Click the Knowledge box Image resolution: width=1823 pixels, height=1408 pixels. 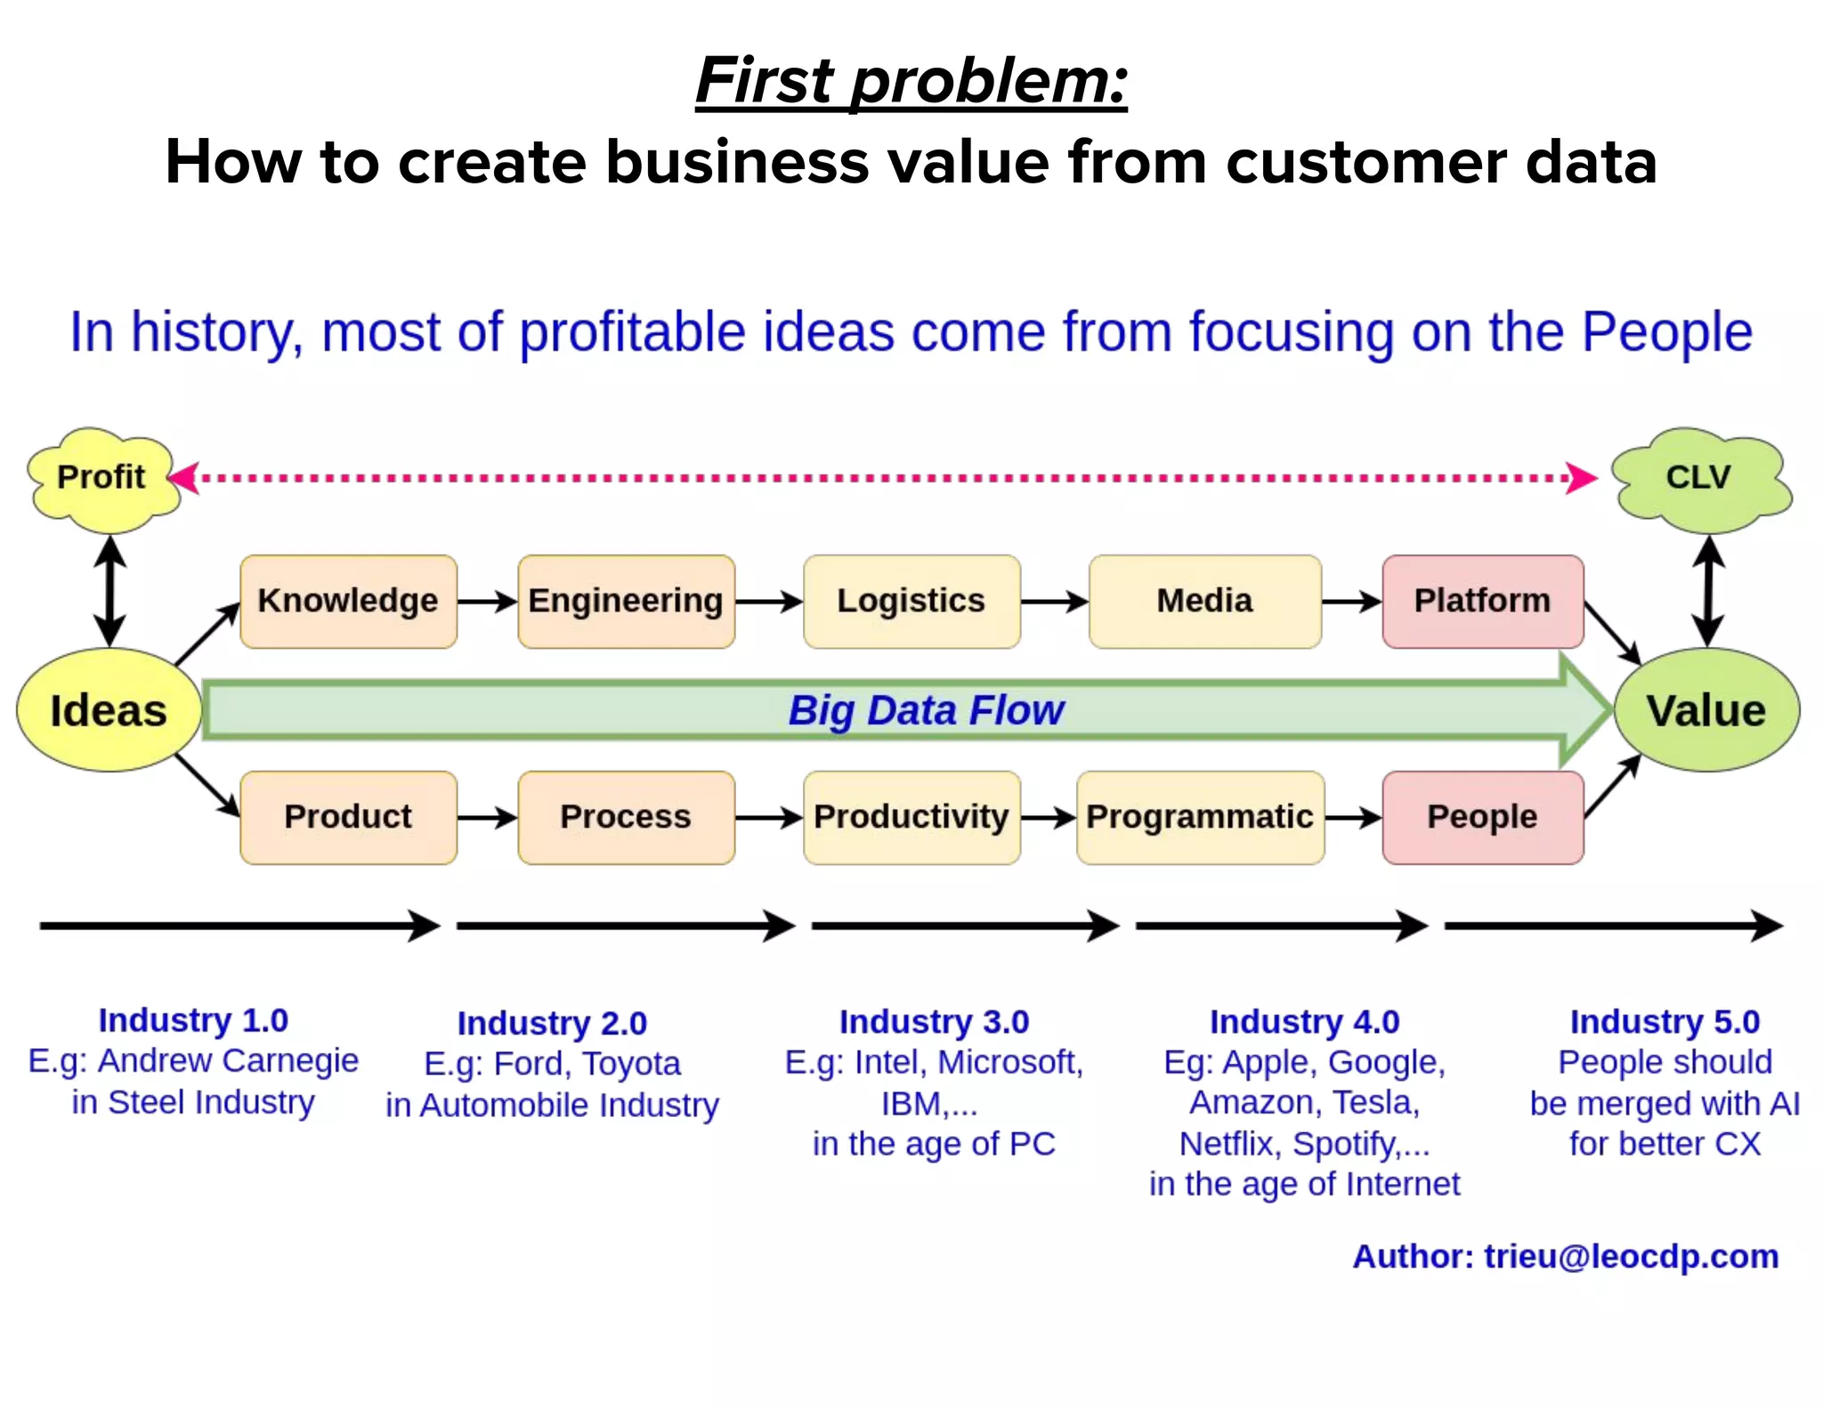point(348,602)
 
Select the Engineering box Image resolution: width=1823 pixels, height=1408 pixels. point(626,602)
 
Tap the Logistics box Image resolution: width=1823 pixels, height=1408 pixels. point(911,602)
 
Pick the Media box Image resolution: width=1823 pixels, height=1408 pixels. point(1204,602)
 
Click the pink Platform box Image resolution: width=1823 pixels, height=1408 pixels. point(1482,602)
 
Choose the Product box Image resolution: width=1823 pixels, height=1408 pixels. point(348,817)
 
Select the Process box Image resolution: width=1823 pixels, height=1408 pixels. point(626,817)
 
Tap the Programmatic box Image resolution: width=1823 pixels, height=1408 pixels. point(1200,817)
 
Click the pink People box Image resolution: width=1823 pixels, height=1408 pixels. point(1482,817)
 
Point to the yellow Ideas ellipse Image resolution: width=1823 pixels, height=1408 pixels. point(109,710)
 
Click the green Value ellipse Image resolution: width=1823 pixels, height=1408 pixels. point(1706,710)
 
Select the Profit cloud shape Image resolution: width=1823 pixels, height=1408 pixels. point(101,478)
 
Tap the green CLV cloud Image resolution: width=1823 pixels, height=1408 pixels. point(1698,478)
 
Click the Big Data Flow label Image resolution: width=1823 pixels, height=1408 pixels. point(926,710)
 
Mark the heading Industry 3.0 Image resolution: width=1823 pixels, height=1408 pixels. point(934,1022)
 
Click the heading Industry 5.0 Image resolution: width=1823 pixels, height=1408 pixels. point(1665,1022)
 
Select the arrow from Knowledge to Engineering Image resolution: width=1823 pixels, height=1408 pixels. point(487,602)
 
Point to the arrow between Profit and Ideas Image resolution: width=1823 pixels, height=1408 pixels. point(109,591)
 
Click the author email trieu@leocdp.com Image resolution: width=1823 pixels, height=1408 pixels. point(1631,1257)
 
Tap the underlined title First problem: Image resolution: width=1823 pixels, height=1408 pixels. point(911,81)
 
